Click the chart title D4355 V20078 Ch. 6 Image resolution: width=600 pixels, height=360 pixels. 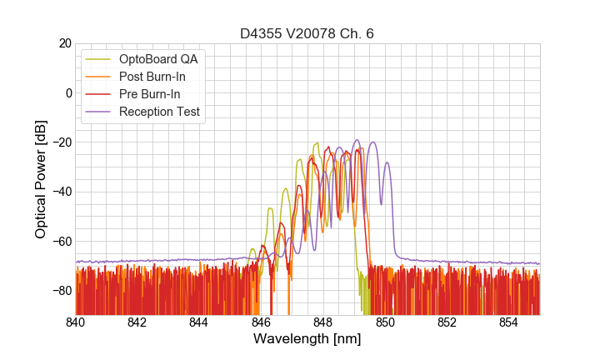pos(307,33)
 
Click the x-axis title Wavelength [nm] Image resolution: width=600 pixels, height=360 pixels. pos(307,340)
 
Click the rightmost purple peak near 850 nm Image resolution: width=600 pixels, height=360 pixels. pos(387,163)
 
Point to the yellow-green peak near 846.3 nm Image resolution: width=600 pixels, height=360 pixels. pos(270,208)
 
